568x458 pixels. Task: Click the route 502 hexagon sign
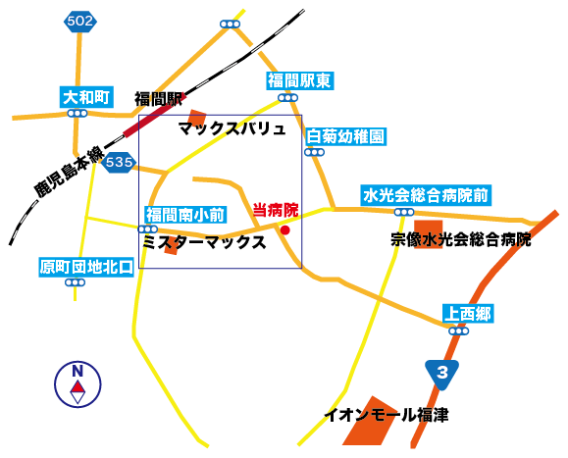(80, 22)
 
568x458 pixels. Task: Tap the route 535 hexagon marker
(119, 162)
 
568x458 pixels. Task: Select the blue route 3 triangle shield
(441, 375)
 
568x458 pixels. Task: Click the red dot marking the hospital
(285, 229)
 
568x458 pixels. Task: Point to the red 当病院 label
(276, 210)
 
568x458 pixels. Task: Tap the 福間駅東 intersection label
(300, 80)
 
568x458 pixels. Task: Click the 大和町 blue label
(86, 97)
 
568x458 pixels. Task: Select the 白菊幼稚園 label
(346, 136)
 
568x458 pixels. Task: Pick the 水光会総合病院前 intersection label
(426, 195)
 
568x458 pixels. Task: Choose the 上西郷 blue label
(468, 314)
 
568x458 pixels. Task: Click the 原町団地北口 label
(86, 267)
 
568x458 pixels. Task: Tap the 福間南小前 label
(185, 215)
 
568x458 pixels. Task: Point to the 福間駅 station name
(158, 98)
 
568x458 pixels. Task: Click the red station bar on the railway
(155, 116)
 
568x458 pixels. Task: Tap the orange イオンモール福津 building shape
(370, 422)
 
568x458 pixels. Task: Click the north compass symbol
(77, 384)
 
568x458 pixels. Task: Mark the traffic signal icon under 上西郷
(458, 331)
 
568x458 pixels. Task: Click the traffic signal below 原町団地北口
(75, 282)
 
